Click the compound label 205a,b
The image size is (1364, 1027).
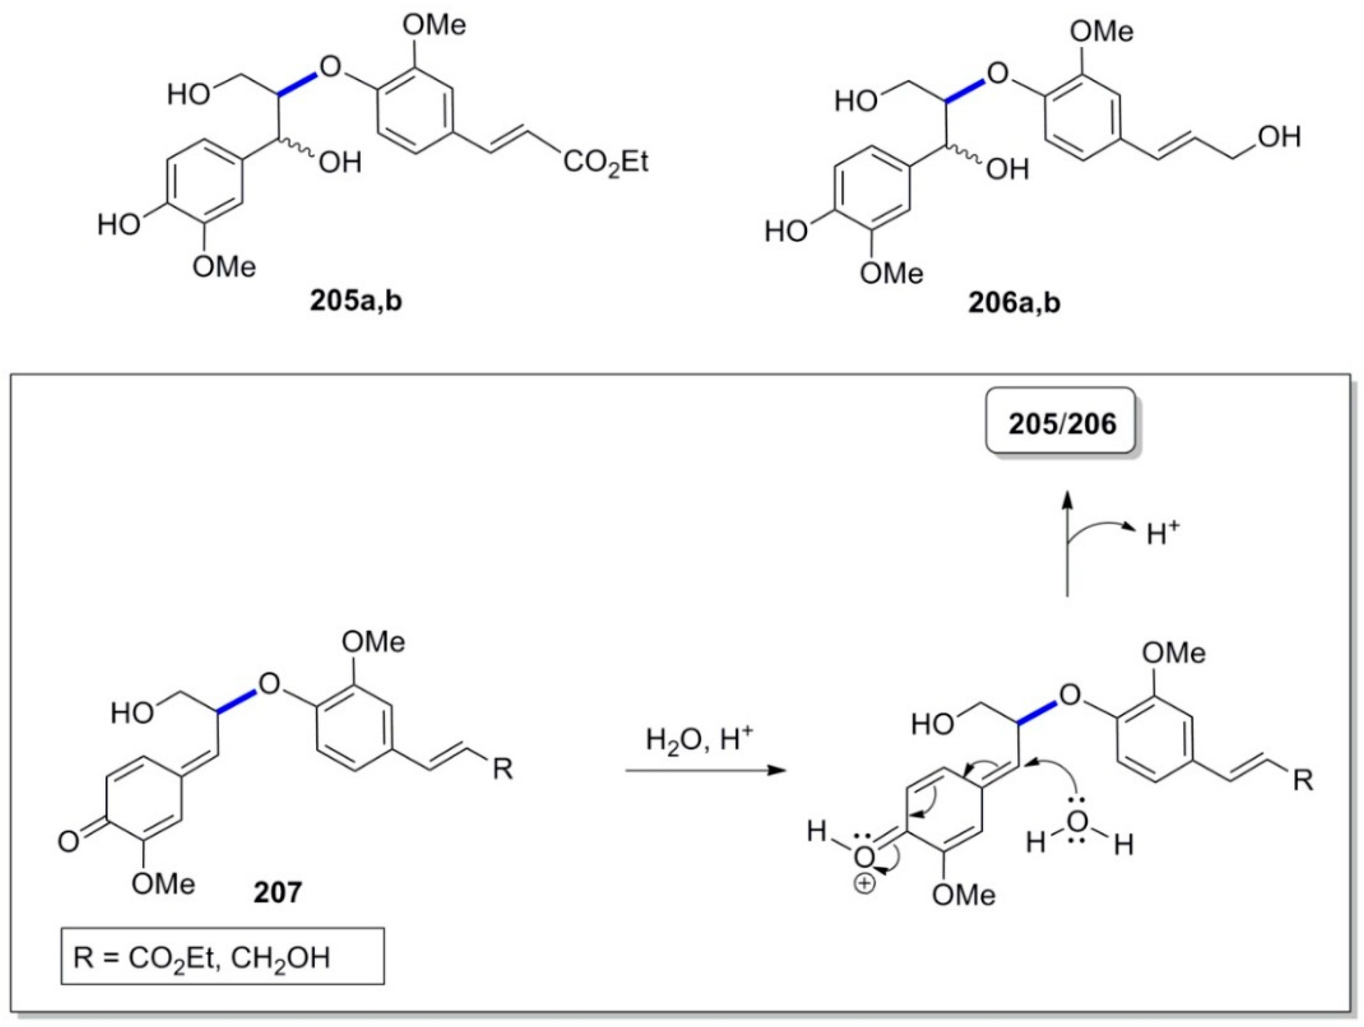click(356, 302)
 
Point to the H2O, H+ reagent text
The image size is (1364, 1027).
click(699, 740)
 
